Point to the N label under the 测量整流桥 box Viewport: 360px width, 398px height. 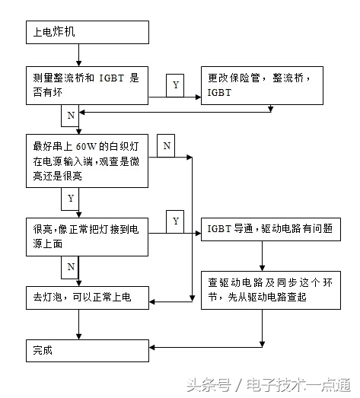[x=71, y=115]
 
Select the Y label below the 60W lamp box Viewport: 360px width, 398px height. [x=71, y=199]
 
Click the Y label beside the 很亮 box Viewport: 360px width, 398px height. [x=176, y=221]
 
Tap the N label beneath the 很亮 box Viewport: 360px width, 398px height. [x=71, y=266]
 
